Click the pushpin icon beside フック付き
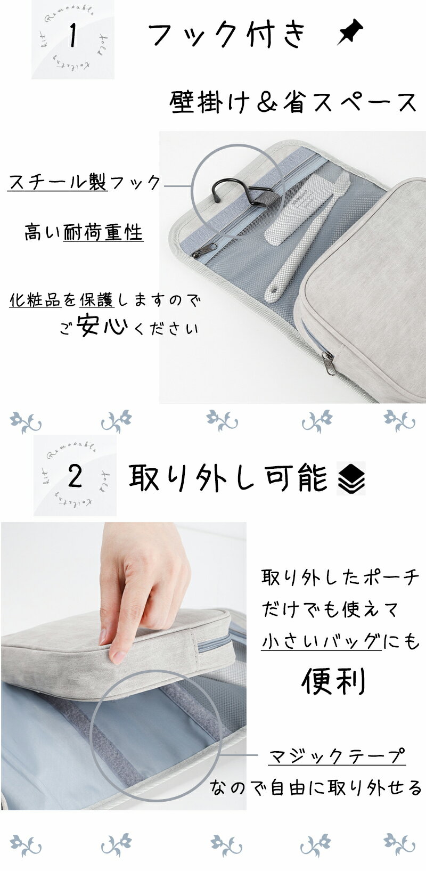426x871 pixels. coord(350,32)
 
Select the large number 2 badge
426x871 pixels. coord(75,475)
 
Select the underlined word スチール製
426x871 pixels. coord(58,183)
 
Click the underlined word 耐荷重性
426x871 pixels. coord(103,232)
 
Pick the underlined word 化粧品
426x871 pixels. coord(35,300)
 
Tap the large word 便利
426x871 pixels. coord(334,681)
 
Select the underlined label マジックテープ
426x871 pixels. coord(337,756)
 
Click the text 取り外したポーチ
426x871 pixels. coord(340,578)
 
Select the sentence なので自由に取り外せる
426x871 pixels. coord(316,787)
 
